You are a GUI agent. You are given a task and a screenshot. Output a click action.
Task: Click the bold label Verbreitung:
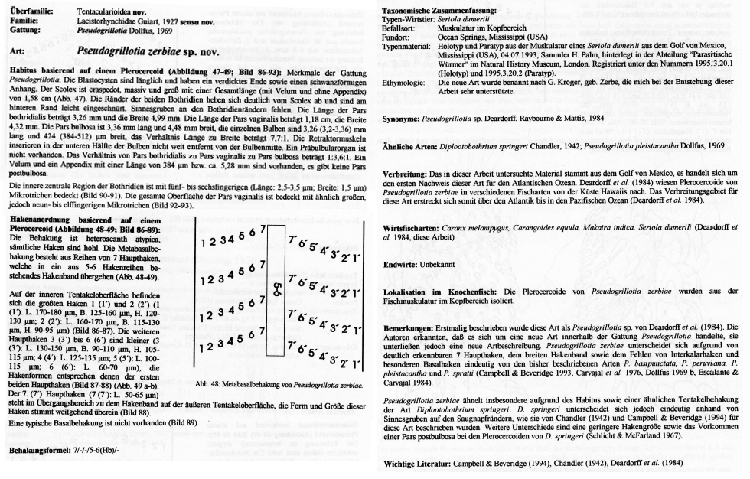click(x=406, y=174)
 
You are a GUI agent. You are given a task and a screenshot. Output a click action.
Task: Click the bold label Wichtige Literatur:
click(x=417, y=464)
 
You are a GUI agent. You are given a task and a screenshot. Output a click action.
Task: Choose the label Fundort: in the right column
click(x=397, y=36)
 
